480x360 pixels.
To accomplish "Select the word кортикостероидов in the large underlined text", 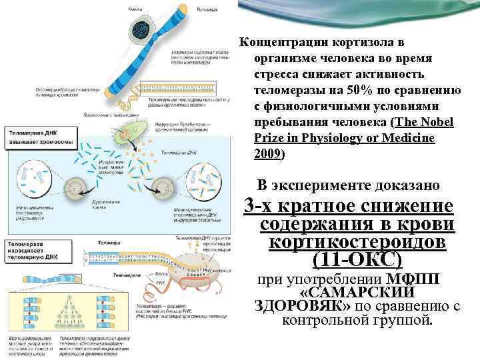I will tap(362, 243).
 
